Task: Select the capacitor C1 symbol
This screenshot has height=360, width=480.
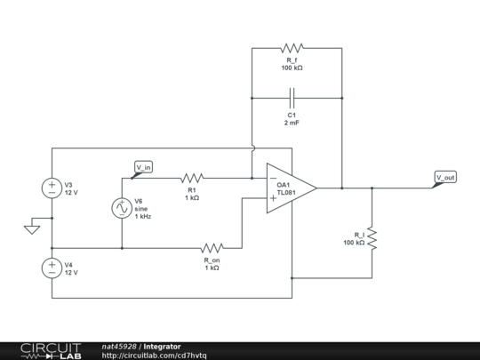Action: point(292,94)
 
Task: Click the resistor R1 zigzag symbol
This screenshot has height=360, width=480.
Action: point(193,177)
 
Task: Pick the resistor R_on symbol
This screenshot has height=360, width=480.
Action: point(212,248)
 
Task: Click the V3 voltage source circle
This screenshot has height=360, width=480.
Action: point(52,188)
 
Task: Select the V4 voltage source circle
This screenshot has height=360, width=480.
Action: point(52,268)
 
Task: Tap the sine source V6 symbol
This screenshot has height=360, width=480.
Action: point(121,208)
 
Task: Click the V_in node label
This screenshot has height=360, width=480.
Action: point(143,166)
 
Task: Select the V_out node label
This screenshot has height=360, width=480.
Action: point(445,177)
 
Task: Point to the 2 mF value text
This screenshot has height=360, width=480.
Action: point(292,123)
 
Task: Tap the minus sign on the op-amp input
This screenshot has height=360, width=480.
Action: point(273,178)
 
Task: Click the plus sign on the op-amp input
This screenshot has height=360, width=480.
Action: point(273,197)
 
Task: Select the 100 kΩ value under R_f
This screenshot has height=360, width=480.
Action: point(292,68)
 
